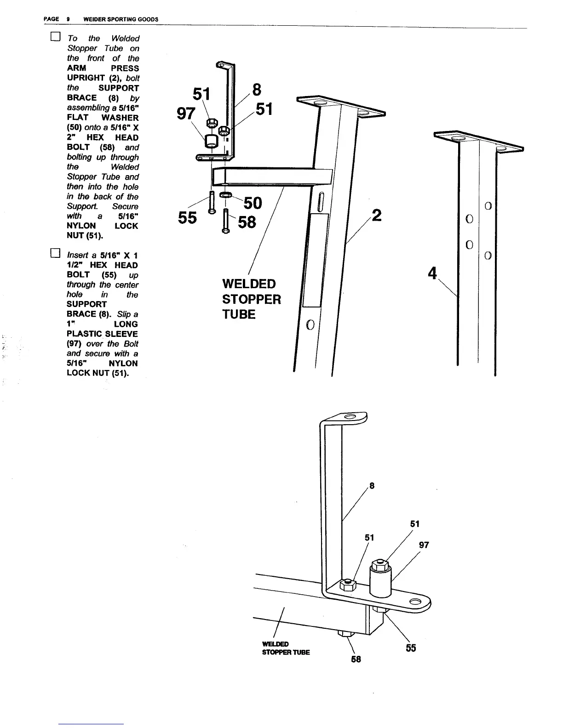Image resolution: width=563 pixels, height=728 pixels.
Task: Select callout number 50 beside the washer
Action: [x=253, y=203]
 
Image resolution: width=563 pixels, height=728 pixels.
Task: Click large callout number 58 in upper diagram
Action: [x=247, y=222]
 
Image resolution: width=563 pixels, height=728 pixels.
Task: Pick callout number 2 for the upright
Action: [x=376, y=215]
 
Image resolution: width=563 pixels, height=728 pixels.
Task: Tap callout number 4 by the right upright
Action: [x=432, y=273]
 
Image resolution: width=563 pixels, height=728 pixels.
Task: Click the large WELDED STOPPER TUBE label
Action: [x=251, y=299]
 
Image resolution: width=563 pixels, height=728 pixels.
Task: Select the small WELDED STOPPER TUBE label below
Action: [x=286, y=648]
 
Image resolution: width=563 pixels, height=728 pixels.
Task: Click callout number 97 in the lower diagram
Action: [x=424, y=545]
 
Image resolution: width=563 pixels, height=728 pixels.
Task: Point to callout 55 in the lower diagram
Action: [x=411, y=648]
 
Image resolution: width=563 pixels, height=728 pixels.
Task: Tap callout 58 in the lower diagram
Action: [x=356, y=659]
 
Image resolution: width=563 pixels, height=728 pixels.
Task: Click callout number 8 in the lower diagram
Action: [x=372, y=485]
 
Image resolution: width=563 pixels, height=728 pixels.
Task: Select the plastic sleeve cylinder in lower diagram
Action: [x=380, y=580]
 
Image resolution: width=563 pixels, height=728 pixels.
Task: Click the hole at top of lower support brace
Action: [x=350, y=417]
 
